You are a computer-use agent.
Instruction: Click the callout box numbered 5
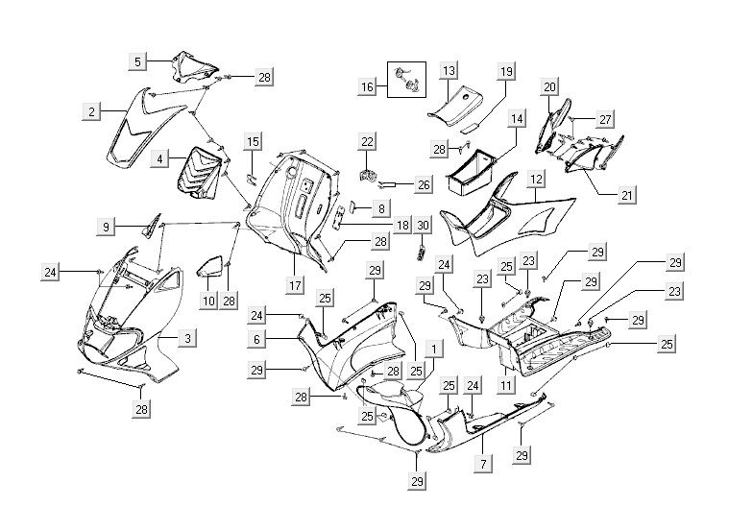pos(138,61)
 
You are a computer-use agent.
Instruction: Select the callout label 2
pos(90,113)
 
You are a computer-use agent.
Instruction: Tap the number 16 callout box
pos(367,87)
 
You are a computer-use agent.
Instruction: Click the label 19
pos(506,71)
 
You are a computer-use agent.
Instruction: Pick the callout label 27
pos(605,119)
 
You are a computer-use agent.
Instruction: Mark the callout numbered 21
pos(626,194)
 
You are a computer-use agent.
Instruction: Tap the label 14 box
pos(518,119)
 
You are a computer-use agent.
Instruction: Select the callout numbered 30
pos(424,225)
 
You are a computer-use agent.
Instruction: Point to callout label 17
pos(295,286)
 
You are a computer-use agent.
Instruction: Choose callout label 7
pos(483,464)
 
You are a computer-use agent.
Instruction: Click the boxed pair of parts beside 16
pos(407,81)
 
